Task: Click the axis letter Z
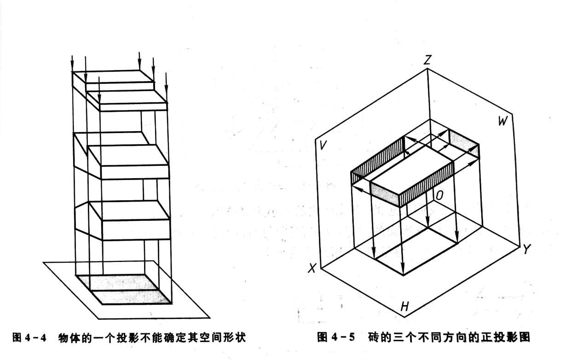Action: tap(428, 59)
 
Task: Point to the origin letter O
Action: tap(439, 196)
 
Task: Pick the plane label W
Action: tap(503, 121)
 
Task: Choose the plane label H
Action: tap(404, 306)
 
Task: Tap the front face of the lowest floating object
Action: tap(135, 230)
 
